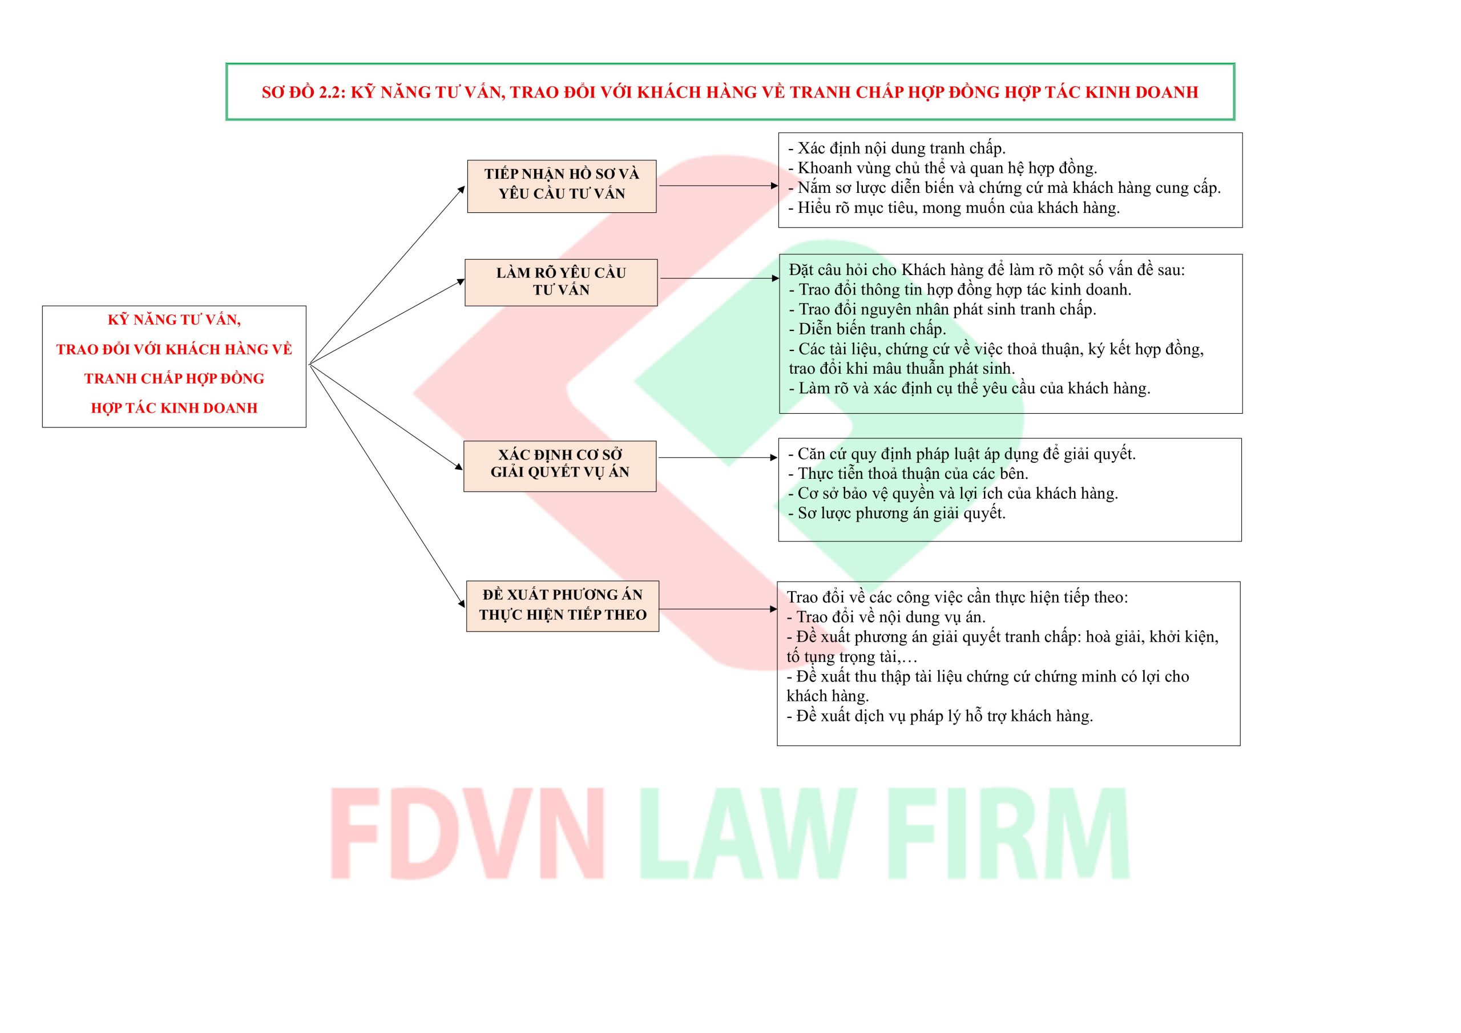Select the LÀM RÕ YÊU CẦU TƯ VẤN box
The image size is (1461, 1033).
pos(560,282)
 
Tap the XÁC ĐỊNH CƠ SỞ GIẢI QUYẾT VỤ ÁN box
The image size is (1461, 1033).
pos(559,465)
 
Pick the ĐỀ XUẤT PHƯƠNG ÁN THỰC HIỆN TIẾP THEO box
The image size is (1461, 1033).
pos(562,606)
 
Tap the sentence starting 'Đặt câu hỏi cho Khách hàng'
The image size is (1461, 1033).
pos(986,270)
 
